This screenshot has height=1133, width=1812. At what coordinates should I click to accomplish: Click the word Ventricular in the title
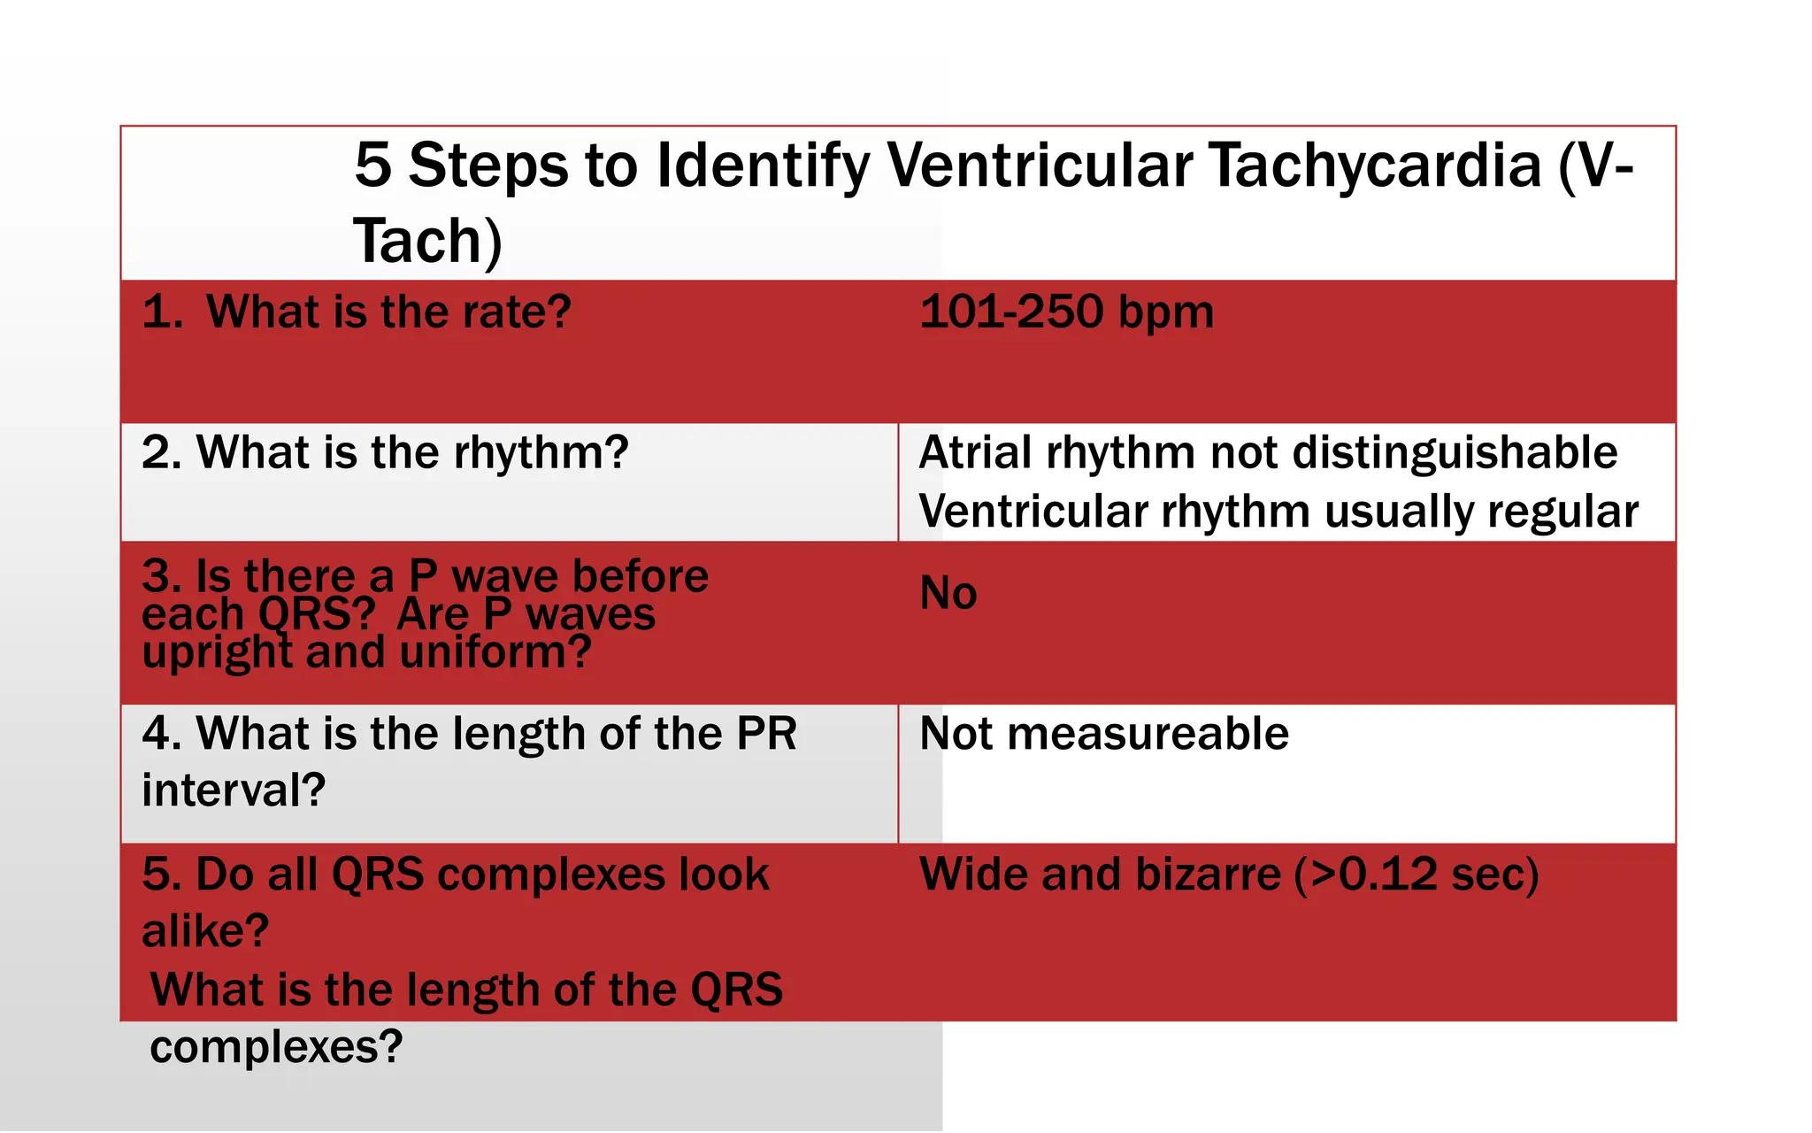pos(1040,166)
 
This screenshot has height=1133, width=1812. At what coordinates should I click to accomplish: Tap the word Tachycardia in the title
pos(1375,166)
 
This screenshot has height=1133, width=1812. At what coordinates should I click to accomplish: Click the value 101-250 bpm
pos(1067,312)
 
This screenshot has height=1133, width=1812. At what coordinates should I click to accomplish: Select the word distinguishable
pos(1455,453)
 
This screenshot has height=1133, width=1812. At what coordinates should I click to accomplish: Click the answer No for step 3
pos(948,593)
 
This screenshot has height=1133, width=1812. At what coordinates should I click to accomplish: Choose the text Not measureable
pos(1104,734)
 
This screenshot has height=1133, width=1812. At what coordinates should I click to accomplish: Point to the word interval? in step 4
pos(234,790)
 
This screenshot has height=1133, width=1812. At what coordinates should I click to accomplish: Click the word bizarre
pos(1208,875)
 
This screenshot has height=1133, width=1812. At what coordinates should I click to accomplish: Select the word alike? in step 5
pos(205,931)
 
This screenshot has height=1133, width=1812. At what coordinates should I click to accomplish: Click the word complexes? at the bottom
pos(276,1047)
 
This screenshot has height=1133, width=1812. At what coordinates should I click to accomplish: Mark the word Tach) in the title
pos(427,242)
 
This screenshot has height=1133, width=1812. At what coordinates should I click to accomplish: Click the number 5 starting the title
pos(372,166)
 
